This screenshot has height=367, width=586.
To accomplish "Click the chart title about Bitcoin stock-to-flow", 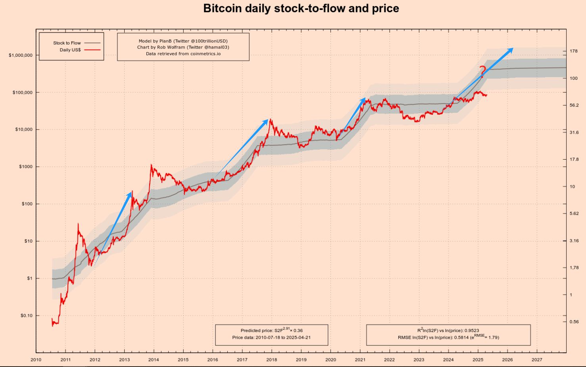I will click(301, 8).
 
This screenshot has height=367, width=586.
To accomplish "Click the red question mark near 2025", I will click(482, 71).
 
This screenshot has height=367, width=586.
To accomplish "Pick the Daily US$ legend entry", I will click(70, 50).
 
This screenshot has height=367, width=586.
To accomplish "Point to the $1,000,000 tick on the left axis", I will click(20, 55).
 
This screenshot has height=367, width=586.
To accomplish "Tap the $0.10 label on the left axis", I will click(26, 316).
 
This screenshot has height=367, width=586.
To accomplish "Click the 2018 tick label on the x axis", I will click(271, 360).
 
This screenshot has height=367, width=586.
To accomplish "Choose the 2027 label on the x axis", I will click(536, 360).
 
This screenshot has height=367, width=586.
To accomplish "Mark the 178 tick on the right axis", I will click(573, 51).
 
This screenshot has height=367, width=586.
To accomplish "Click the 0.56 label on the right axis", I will click(574, 322).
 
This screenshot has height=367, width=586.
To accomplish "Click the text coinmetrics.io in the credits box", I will click(205, 54).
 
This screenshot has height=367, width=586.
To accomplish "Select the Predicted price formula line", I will click(271, 330).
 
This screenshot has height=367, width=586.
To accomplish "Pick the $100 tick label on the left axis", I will click(27, 204).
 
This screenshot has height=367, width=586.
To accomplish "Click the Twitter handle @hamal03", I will click(215, 47).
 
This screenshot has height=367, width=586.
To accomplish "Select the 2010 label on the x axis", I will click(36, 360).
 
